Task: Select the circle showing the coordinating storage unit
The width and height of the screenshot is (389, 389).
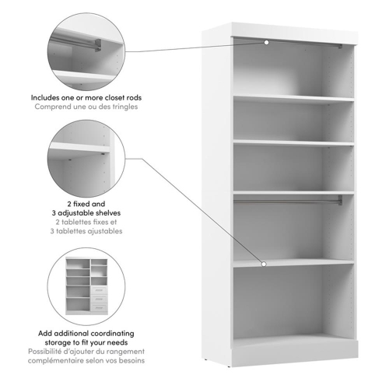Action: pos(83,283)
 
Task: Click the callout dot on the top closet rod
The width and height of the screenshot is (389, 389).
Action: pos(265,43)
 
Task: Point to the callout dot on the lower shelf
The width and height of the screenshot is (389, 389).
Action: pos(265,265)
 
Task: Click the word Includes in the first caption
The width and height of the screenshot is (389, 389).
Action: pos(48,98)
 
